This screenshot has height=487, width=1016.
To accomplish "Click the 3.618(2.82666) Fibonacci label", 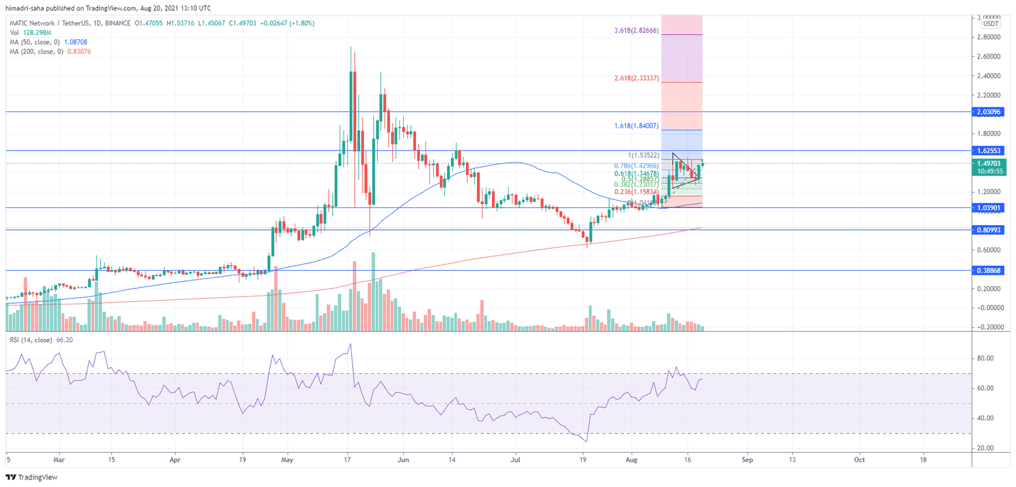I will [x=636, y=31].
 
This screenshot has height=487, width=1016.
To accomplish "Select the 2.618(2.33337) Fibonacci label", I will [x=636, y=78].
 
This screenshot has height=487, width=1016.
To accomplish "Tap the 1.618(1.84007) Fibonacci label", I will [x=636, y=126].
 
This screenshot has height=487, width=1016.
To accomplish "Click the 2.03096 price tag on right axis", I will [x=988, y=112].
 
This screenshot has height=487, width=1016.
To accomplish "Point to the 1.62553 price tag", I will [x=988, y=151].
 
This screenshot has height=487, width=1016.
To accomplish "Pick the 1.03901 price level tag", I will [x=988, y=208].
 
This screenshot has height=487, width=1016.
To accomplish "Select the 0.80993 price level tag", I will [x=988, y=230].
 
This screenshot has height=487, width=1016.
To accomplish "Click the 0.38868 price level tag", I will [x=988, y=270].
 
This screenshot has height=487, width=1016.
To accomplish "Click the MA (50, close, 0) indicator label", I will [x=35, y=42].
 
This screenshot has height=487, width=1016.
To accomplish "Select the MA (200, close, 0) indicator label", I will [x=36, y=51].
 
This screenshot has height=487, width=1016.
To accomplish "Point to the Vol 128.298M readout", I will [x=30, y=32].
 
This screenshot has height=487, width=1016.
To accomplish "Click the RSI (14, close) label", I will [x=31, y=340].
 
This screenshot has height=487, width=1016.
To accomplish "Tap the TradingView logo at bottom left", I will [x=31, y=477].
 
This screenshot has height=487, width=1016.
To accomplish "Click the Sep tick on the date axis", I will [x=747, y=460].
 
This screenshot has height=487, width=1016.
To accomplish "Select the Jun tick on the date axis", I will [x=403, y=460].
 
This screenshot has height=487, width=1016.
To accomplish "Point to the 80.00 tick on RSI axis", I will [x=985, y=358].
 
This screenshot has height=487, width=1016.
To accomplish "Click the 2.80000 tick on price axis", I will [x=989, y=37].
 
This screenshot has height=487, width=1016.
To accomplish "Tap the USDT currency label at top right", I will [x=991, y=24].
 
